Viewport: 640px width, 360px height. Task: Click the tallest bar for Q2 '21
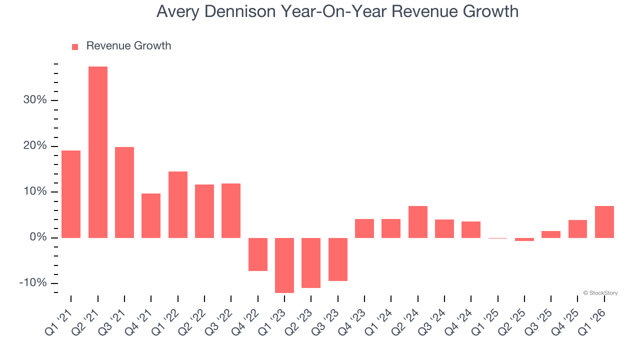coord(98,152)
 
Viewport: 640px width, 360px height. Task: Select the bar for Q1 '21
coord(71,194)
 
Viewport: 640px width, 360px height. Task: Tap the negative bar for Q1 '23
coord(284,265)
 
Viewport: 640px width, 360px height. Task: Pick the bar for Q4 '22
coord(258,254)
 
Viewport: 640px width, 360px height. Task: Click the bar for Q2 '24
coord(418,221)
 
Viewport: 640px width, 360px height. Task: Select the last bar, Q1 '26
coord(604,221)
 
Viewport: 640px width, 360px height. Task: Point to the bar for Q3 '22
coord(231,210)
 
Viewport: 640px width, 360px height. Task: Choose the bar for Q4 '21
coord(151,215)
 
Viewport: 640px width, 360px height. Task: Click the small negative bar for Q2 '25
coord(524,239)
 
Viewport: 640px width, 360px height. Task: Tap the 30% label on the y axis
coord(35,100)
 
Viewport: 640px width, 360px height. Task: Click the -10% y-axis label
coord(33,283)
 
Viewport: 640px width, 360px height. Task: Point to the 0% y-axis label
coord(38,237)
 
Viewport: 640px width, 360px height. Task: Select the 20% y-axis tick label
coord(35,146)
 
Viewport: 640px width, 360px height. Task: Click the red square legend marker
coord(75,47)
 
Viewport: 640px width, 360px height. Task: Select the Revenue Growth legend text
coord(128,46)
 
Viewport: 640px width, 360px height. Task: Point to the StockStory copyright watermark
coord(600,293)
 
